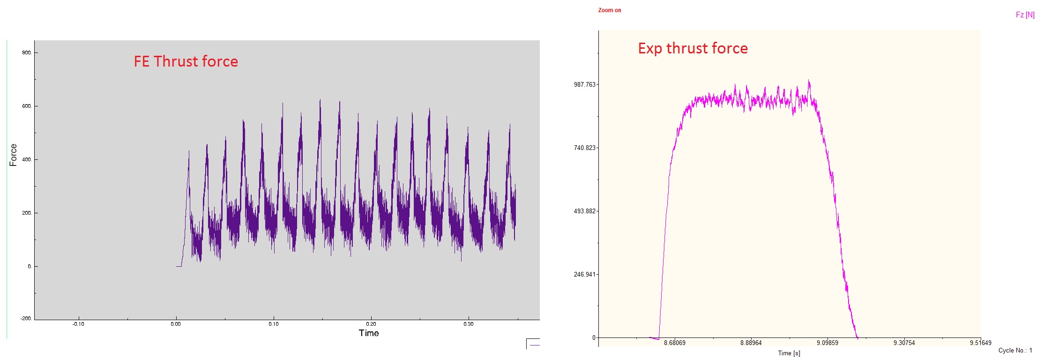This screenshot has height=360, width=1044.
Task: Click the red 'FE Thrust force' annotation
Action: (x=186, y=61)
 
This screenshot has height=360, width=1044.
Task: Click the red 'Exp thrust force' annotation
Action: (x=693, y=48)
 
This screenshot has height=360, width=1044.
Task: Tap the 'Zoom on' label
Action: (x=609, y=10)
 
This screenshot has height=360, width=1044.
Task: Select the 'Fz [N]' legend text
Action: (x=1025, y=15)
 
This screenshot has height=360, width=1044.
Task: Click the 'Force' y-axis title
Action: (x=13, y=155)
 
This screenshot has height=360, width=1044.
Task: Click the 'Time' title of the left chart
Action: (x=369, y=333)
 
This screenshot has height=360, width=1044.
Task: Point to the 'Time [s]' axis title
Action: (x=789, y=353)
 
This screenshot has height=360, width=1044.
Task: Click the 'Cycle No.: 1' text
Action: (x=1015, y=351)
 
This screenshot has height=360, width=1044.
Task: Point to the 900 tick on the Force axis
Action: (x=27, y=53)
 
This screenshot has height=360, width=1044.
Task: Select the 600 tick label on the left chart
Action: (x=27, y=106)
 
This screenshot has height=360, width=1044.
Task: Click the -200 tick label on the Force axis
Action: (x=26, y=319)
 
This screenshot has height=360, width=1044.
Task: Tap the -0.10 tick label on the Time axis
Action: (x=78, y=324)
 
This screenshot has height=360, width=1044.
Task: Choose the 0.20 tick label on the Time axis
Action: (x=371, y=324)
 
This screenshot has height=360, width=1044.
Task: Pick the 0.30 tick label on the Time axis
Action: (x=468, y=324)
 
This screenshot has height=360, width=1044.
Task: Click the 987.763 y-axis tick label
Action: (x=584, y=85)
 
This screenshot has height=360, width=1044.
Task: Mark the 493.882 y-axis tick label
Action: (x=584, y=211)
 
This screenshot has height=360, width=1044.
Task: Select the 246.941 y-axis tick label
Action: (x=584, y=275)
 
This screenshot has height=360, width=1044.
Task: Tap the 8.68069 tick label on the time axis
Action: (x=674, y=343)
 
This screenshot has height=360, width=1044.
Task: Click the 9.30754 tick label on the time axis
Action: (x=904, y=343)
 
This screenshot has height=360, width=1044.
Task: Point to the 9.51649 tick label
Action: (x=980, y=343)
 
